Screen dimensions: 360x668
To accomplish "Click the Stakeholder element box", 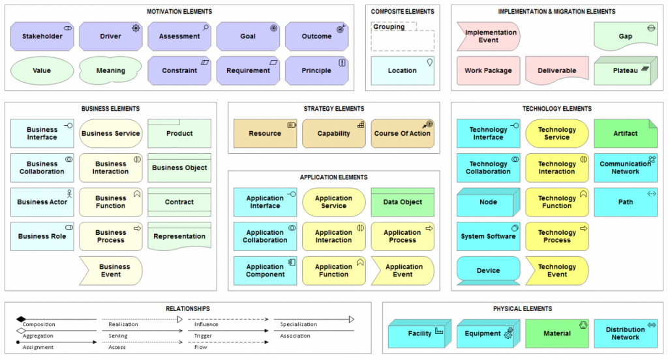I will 42,37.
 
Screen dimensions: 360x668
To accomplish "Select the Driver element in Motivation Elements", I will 111,37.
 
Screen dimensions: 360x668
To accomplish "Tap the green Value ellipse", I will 42,70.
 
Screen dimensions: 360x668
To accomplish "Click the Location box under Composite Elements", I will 402,70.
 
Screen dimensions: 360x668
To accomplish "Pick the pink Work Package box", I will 488,70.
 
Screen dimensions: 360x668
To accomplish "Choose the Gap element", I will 625,37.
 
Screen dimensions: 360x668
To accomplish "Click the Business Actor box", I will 42,202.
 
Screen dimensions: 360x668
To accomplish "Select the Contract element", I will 179,202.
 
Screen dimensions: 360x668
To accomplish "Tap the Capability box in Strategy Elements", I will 334,134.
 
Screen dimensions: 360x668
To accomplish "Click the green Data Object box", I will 402,202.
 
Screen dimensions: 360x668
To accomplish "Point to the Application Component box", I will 265,271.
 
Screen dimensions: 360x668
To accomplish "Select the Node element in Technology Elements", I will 488,202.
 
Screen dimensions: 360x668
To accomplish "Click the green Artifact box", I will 625,134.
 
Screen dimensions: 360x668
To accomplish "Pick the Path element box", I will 625,202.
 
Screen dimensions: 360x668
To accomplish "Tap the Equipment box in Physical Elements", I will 488,333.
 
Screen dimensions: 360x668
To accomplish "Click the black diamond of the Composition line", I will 21,320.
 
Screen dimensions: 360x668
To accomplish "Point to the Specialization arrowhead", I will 351,320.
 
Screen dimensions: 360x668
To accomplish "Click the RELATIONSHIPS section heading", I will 188,308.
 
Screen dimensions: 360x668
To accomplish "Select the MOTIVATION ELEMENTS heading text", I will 179,12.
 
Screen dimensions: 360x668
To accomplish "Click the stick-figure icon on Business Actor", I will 69,193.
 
